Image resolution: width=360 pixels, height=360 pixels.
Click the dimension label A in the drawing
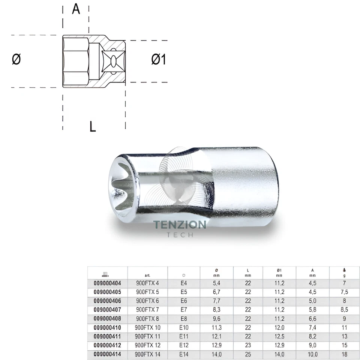[76, 9]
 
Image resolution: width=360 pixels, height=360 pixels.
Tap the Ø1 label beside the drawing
[159, 59]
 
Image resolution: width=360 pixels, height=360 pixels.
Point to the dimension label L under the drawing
[93, 126]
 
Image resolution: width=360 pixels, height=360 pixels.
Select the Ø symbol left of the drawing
[16, 59]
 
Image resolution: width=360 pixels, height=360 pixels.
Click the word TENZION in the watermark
[180, 225]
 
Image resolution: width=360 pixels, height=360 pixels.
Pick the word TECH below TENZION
[180, 235]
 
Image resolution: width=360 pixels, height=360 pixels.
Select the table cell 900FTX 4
[147, 283]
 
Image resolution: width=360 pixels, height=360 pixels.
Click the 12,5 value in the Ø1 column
[279, 336]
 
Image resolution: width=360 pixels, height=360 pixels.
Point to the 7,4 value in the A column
[312, 327]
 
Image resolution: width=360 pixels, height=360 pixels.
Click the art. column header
[147, 274]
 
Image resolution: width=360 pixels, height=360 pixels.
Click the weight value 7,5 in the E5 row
[345, 292]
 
